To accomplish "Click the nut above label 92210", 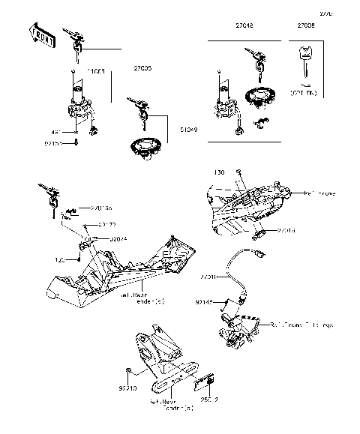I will (130, 371).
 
